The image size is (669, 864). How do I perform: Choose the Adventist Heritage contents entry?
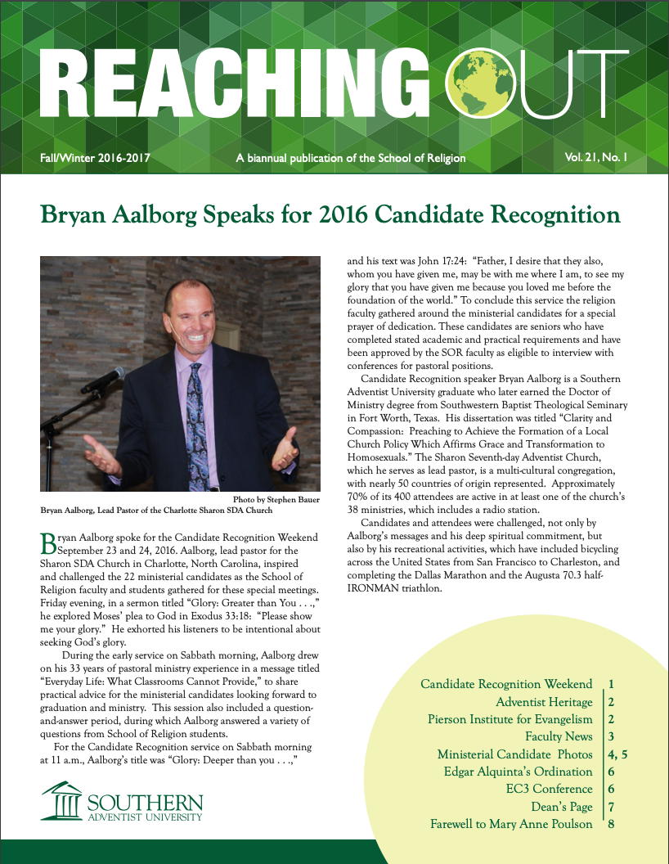pyautogui.click(x=544, y=702)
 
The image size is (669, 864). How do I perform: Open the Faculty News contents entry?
pyautogui.click(x=559, y=736)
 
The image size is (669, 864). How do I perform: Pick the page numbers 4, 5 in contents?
pyautogui.click(x=617, y=754)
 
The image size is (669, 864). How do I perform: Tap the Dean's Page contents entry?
pyautogui.click(x=562, y=806)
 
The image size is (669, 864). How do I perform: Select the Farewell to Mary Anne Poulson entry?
pyautogui.click(x=511, y=824)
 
